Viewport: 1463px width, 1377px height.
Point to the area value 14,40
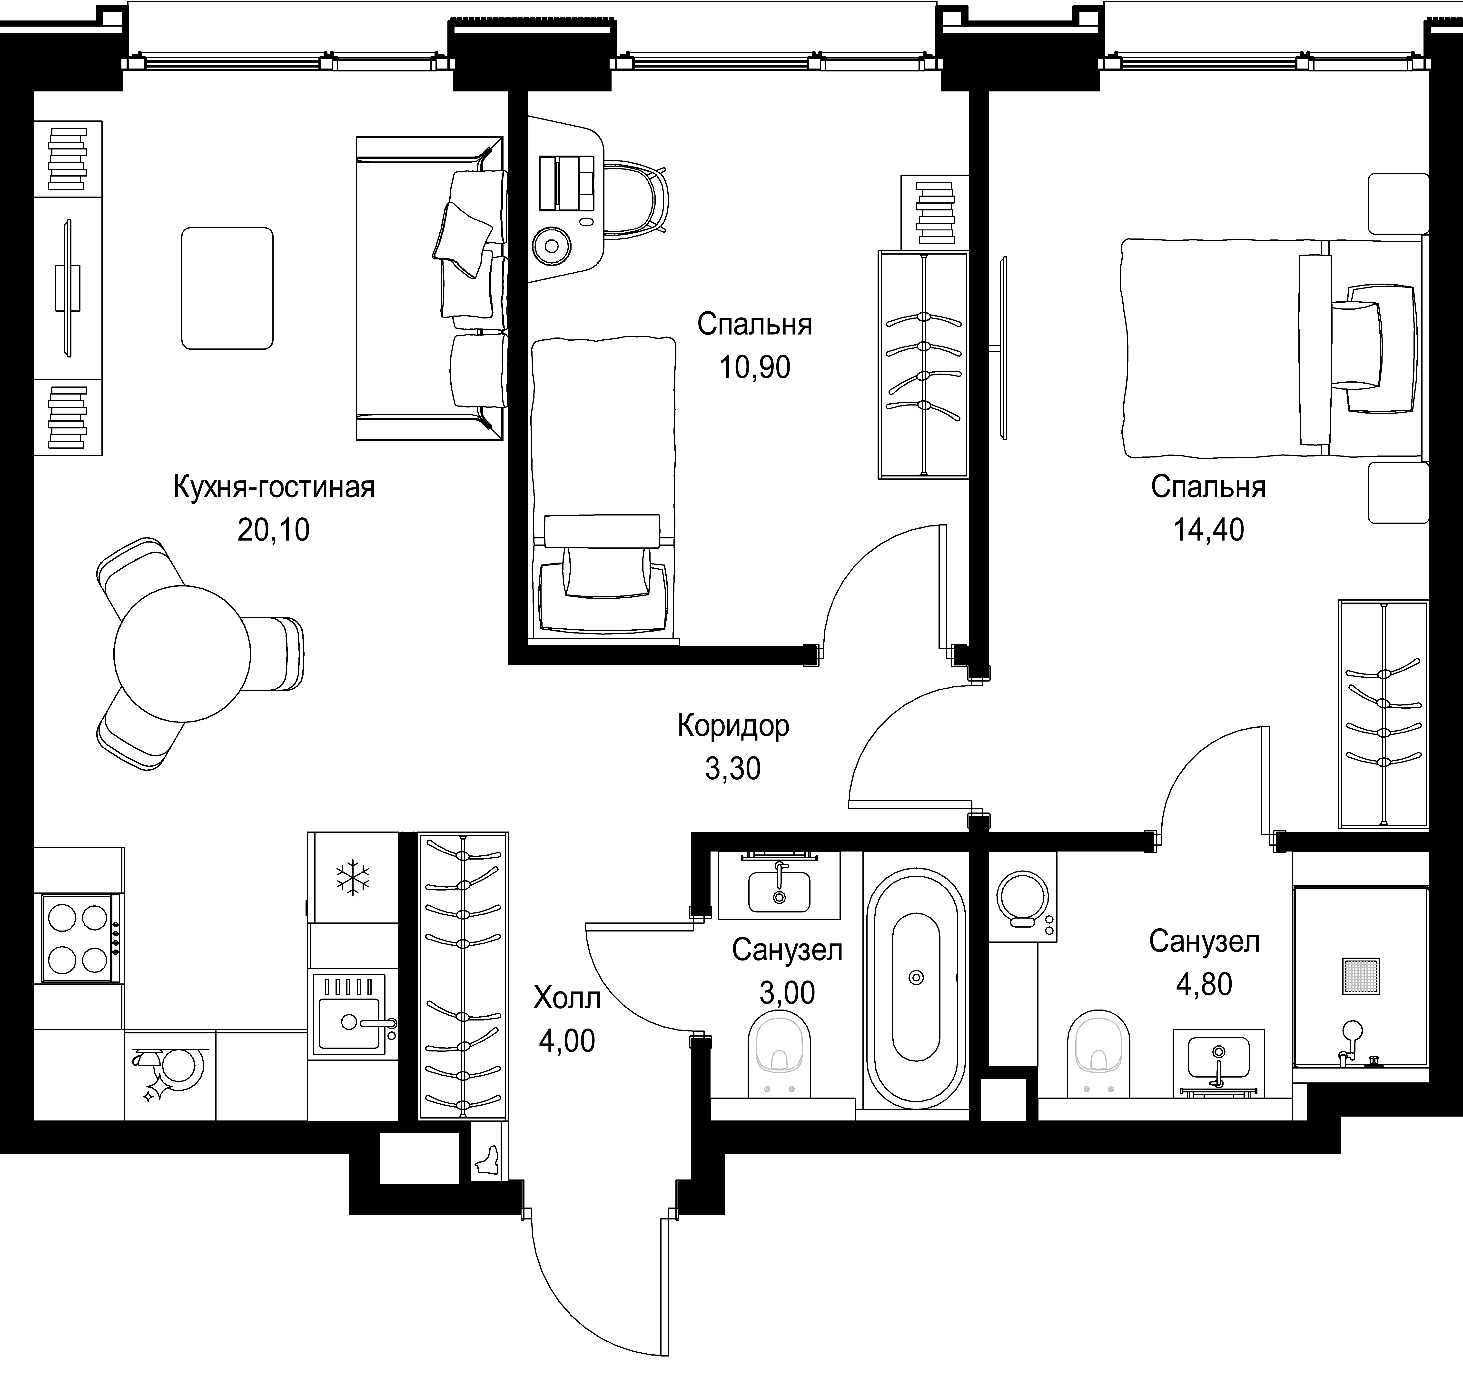(x=1208, y=529)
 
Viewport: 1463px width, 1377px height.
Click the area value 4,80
(x=1204, y=984)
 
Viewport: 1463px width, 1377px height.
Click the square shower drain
(x=1361, y=976)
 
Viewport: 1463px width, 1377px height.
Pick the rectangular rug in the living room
(x=227, y=288)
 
